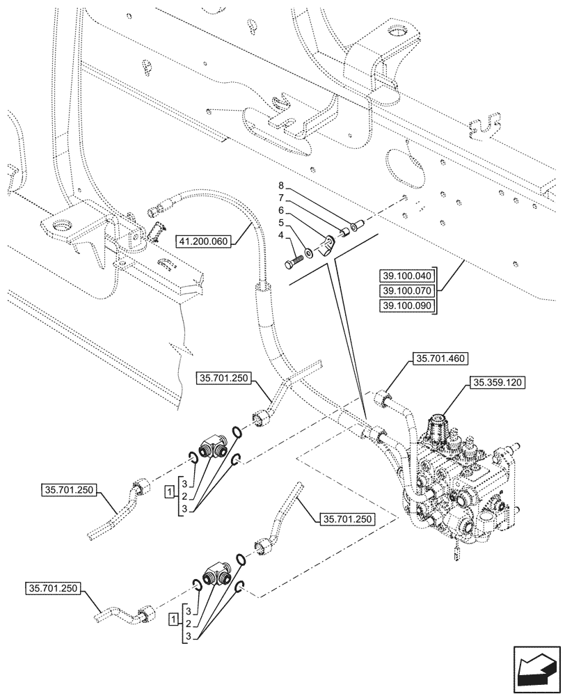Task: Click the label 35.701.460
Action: [442, 359]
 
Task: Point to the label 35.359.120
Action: [499, 383]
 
